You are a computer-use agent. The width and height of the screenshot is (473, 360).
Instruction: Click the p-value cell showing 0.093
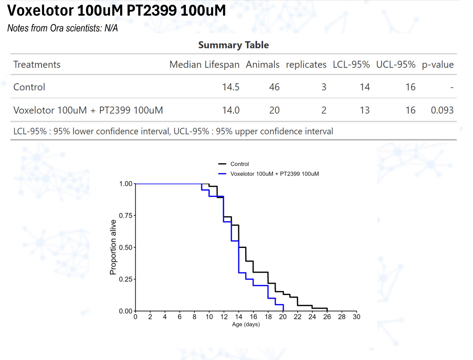(x=442, y=110)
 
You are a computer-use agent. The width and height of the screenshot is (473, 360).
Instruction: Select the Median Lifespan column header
(x=204, y=65)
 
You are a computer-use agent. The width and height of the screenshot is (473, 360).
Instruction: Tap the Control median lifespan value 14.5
(x=231, y=87)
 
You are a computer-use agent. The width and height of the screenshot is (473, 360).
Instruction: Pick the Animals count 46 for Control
(x=274, y=87)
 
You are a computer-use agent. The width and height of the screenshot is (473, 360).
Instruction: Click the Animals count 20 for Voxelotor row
(x=274, y=110)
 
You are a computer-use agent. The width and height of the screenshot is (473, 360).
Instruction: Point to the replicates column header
(x=306, y=65)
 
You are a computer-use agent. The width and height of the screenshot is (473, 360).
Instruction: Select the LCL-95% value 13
(x=364, y=110)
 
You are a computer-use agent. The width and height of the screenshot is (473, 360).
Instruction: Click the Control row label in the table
(x=29, y=87)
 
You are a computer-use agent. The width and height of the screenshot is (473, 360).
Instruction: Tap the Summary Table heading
(x=233, y=45)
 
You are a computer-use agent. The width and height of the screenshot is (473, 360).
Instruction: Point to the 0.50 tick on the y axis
(x=126, y=247)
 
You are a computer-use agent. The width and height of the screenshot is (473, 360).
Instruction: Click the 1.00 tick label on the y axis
(x=126, y=184)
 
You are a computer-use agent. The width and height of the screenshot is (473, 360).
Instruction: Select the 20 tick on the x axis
(x=283, y=317)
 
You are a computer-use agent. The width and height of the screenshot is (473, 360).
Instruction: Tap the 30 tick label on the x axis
(x=356, y=317)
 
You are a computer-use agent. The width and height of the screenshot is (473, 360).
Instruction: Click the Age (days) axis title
(x=246, y=324)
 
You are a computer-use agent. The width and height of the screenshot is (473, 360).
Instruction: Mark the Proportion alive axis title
(x=113, y=247)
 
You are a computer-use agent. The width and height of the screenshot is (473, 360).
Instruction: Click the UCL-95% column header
(x=395, y=65)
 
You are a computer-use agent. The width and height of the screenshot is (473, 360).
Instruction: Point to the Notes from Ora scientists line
(x=62, y=28)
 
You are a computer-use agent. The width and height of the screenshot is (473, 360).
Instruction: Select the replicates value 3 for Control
(x=324, y=87)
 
